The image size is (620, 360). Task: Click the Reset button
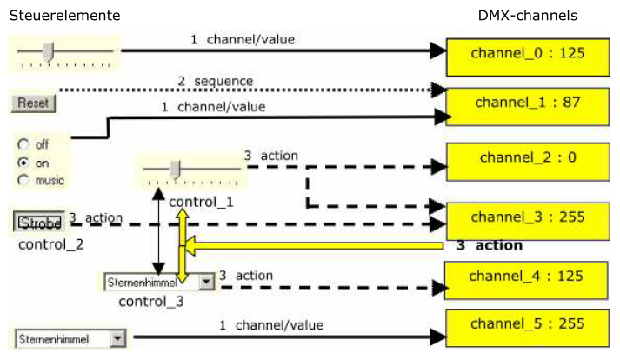click(x=33, y=103)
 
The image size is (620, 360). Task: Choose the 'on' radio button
click(x=23, y=162)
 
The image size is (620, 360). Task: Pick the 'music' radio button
click(x=23, y=180)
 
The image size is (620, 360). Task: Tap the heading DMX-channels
click(x=527, y=16)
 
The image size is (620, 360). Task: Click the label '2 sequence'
click(x=216, y=82)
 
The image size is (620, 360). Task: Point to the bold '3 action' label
click(x=489, y=246)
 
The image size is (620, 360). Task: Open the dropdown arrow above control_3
click(x=205, y=282)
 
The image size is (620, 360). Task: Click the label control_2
click(x=50, y=243)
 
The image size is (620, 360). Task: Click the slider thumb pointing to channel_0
click(x=49, y=52)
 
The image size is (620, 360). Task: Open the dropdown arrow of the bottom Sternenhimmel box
click(x=118, y=338)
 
